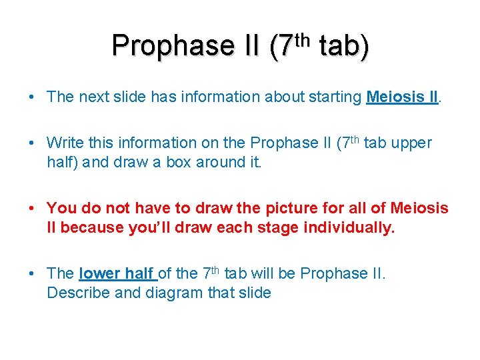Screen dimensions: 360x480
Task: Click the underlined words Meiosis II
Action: [402, 97]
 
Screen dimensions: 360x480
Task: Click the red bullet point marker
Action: [32, 209]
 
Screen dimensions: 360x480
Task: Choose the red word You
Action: [61, 209]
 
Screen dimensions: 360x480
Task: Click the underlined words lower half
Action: [117, 273]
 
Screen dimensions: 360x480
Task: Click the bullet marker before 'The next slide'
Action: [32, 97]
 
